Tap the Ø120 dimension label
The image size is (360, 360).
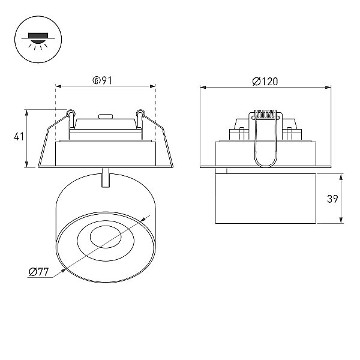click(265, 82)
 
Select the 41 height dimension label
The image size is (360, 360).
click(19, 137)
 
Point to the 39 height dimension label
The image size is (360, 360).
click(332, 199)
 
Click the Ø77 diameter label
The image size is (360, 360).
click(39, 272)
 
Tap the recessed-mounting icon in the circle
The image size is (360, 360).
click(38, 39)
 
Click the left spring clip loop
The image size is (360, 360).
click(71, 113)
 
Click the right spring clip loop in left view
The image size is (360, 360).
click(140, 113)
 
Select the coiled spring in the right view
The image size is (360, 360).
click(266, 113)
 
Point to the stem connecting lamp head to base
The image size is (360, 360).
click(106, 178)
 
